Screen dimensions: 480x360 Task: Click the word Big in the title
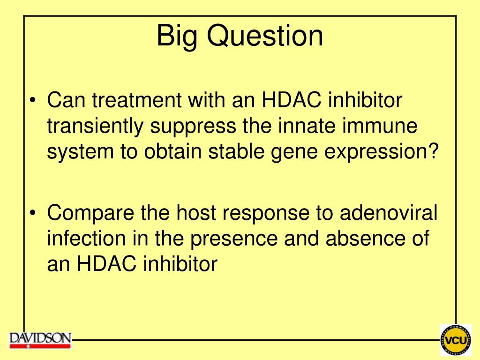tap(176, 37)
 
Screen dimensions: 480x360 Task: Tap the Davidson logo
tap(40, 340)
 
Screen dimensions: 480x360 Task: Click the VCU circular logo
tap(456, 340)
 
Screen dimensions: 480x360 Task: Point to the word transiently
tap(95, 126)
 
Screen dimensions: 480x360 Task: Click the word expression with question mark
tap(382, 152)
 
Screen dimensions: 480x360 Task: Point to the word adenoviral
tap(389, 212)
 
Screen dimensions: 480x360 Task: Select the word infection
tap(86, 238)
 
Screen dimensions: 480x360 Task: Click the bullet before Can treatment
tap(33, 100)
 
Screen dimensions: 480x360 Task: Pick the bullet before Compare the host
tap(33, 212)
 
